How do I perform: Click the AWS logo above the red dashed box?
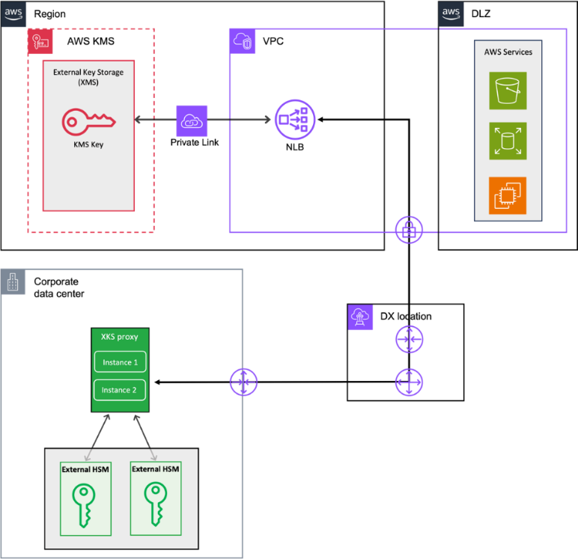pyautogui.click(x=13, y=13)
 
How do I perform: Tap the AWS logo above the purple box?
pyautogui.click(x=451, y=13)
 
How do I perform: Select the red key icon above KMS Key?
pyautogui.click(x=88, y=120)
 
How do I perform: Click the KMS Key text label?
pyautogui.click(x=88, y=144)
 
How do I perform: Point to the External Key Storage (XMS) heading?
pyautogui.click(x=88, y=76)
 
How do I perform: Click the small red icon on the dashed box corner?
pyautogui.click(x=40, y=42)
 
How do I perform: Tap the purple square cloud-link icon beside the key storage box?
pyautogui.click(x=192, y=121)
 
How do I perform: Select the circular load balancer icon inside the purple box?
pyautogui.click(x=295, y=120)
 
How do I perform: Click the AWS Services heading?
pyautogui.click(x=508, y=52)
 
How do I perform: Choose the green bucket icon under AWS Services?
pyautogui.click(x=508, y=91)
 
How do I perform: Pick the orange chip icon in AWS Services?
pyautogui.click(x=508, y=196)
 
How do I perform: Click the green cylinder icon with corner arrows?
pyautogui.click(x=508, y=141)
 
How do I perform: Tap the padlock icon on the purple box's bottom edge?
pyautogui.click(x=409, y=230)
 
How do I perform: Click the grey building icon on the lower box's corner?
pyautogui.click(x=13, y=282)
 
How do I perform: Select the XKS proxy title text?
pyautogui.click(x=120, y=337)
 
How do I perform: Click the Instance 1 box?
pyautogui.click(x=120, y=362)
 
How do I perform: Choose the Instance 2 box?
pyautogui.click(x=120, y=390)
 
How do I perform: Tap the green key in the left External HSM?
pyautogui.click(x=85, y=505)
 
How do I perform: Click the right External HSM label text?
pyautogui.click(x=156, y=469)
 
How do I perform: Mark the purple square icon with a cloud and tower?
pyautogui.click(x=361, y=317)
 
